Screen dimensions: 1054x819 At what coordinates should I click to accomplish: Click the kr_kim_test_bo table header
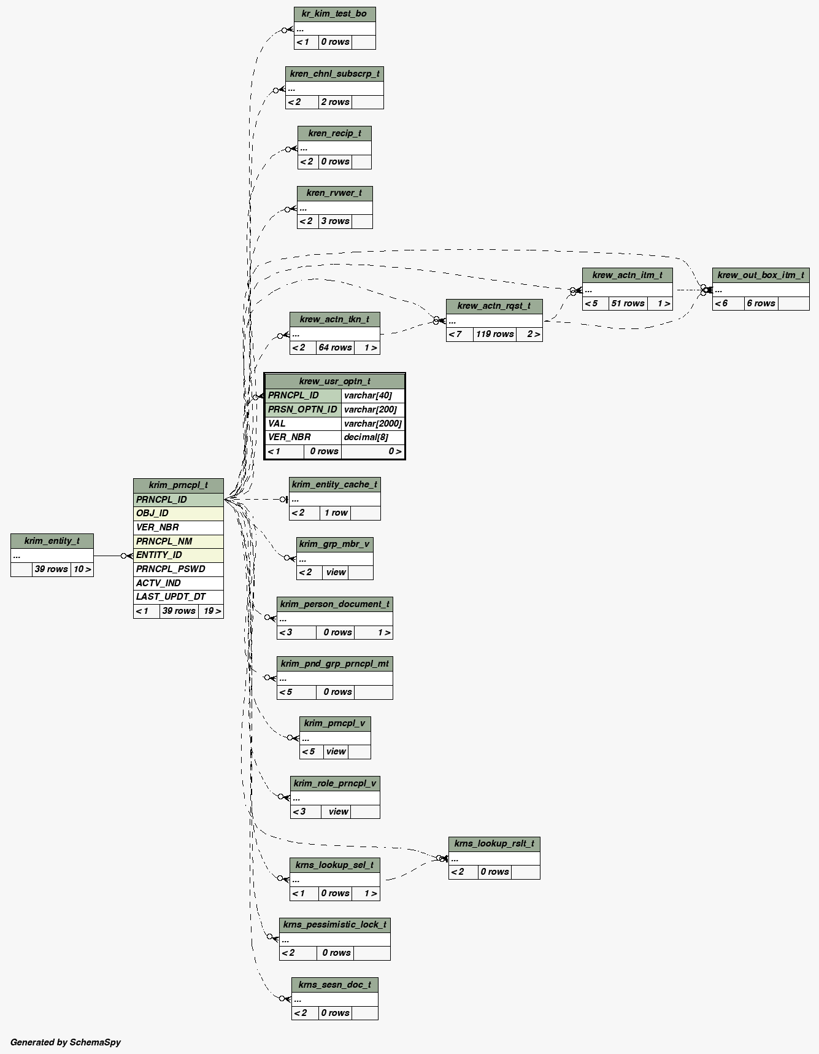334,14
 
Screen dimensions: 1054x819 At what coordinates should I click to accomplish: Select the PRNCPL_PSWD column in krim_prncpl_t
178,569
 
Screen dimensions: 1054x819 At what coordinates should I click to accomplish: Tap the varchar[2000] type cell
372,424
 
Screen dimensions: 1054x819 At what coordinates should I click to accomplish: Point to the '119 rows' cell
494,335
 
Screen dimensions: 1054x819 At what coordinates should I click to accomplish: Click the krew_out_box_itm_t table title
760,275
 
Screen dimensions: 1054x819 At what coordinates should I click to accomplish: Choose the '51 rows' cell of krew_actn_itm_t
628,303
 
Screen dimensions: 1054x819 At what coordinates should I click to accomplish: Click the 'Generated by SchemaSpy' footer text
66,1042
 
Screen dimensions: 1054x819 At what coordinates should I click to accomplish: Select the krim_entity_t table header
52,541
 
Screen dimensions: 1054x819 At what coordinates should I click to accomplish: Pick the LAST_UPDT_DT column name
178,597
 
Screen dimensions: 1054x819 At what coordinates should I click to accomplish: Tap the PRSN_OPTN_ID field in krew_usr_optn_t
303,409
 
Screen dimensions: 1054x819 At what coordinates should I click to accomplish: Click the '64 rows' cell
335,347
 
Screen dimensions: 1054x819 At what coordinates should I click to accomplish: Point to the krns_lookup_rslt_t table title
494,843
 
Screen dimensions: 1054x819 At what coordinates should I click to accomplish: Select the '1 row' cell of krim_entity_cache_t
336,513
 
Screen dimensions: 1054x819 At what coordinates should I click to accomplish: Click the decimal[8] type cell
372,437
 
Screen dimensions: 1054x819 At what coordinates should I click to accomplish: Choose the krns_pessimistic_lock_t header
335,924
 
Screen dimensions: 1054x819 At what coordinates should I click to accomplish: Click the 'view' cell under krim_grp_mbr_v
336,572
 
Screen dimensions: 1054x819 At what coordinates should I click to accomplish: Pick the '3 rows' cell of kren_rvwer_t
335,221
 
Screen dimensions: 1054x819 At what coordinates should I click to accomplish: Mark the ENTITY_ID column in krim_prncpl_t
178,555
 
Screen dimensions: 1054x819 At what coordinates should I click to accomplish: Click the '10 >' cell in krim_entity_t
82,569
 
